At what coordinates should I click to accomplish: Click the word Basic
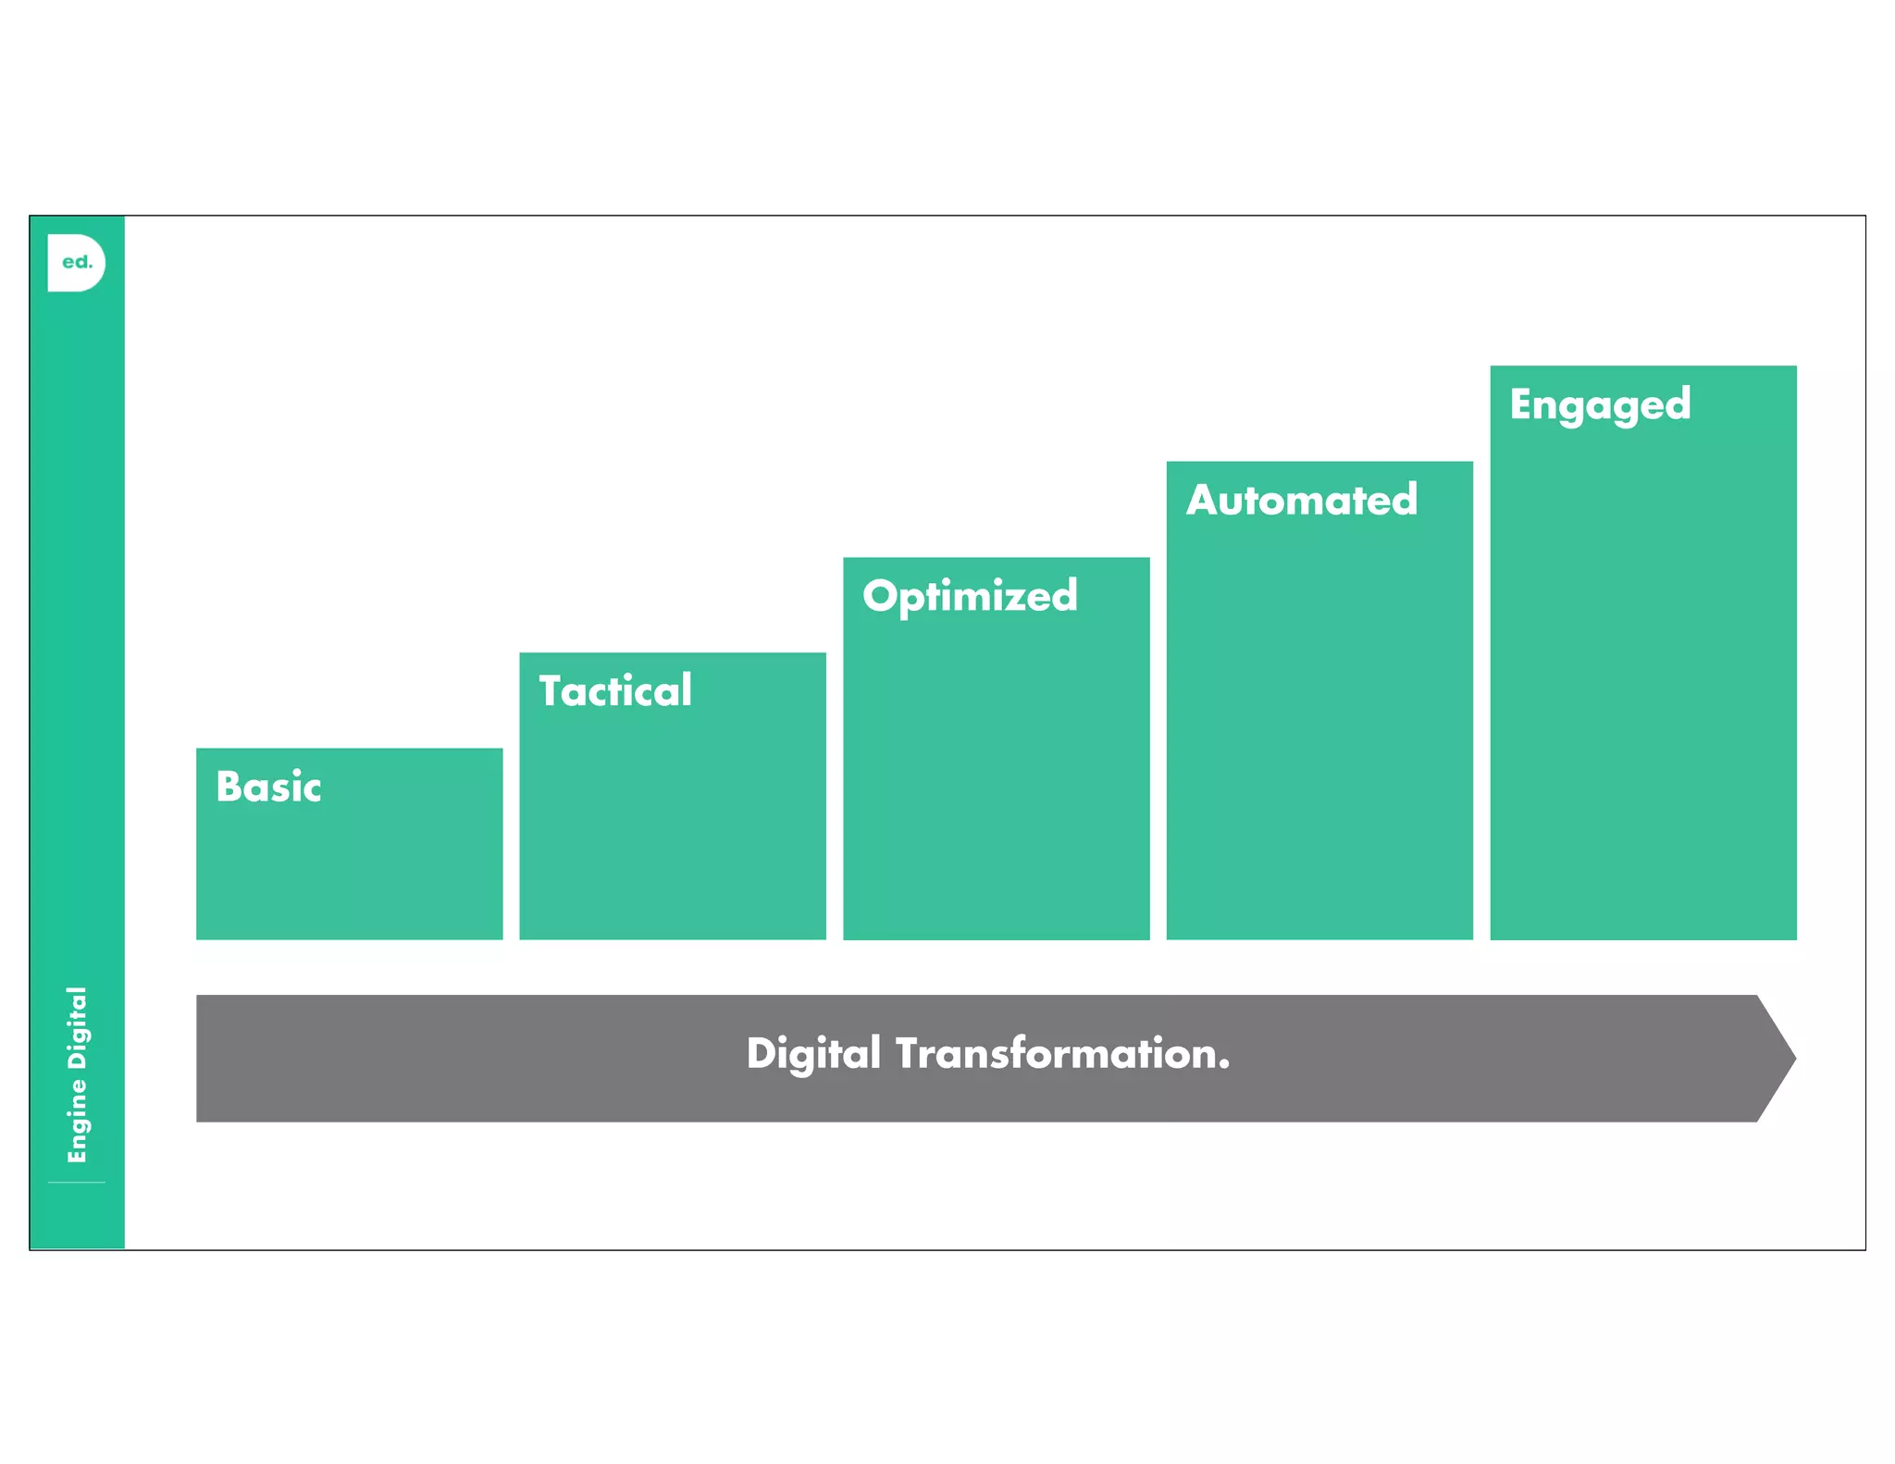(268, 787)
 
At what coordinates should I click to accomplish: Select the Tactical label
(615, 691)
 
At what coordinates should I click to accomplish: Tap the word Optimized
(970, 596)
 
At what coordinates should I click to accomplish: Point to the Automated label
(1302, 501)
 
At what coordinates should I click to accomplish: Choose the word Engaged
(1600, 405)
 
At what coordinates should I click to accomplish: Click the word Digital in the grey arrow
(813, 1054)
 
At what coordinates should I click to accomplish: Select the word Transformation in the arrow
(1054, 1054)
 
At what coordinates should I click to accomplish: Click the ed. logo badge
(76, 263)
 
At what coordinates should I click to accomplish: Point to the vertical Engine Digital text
(77, 1074)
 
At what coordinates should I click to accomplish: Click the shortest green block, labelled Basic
(350, 870)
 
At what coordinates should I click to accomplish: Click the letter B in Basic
(228, 787)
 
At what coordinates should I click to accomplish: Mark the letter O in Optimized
(881, 596)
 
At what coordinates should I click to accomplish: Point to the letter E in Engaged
(1521, 403)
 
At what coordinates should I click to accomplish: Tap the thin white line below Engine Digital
(77, 1183)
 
